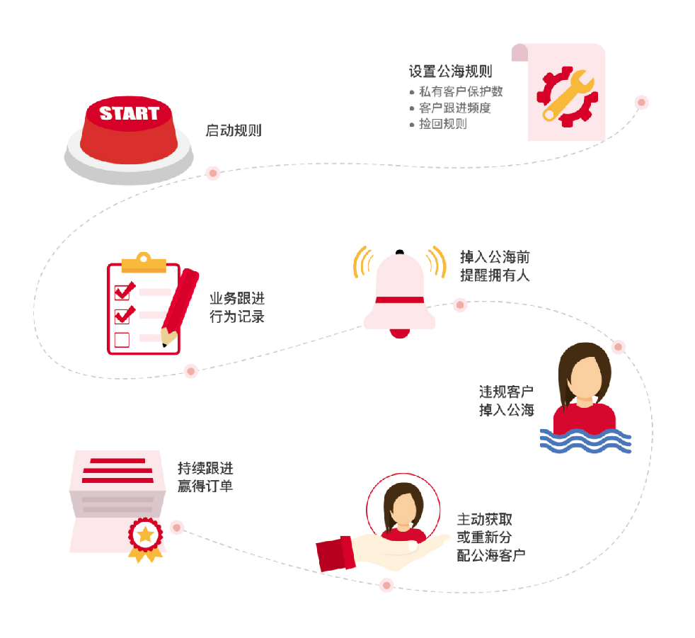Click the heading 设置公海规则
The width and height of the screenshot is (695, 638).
coord(450,72)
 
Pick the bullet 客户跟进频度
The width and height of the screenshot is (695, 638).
coord(454,108)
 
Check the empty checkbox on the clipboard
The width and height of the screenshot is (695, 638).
coord(122,340)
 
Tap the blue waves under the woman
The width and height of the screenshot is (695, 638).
coord(574,440)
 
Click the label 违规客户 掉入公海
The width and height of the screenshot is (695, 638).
coord(506,401)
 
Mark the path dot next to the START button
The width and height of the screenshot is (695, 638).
coord(212,173)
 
